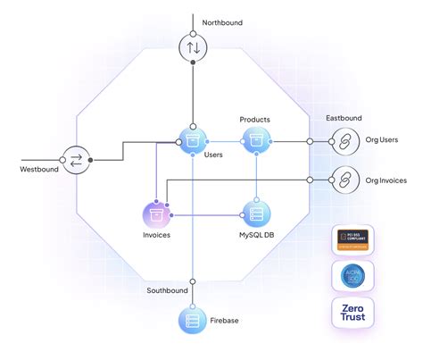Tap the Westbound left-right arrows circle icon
(76, 161)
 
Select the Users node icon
(193, 139)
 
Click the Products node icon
(255, 139)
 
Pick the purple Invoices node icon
(156, 214)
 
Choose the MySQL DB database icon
(255, 214)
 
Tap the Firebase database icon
(193, 319)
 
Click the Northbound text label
(222, 22)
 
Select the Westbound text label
(41, 169)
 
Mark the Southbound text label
(167, 291)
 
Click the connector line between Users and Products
(224, 139)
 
